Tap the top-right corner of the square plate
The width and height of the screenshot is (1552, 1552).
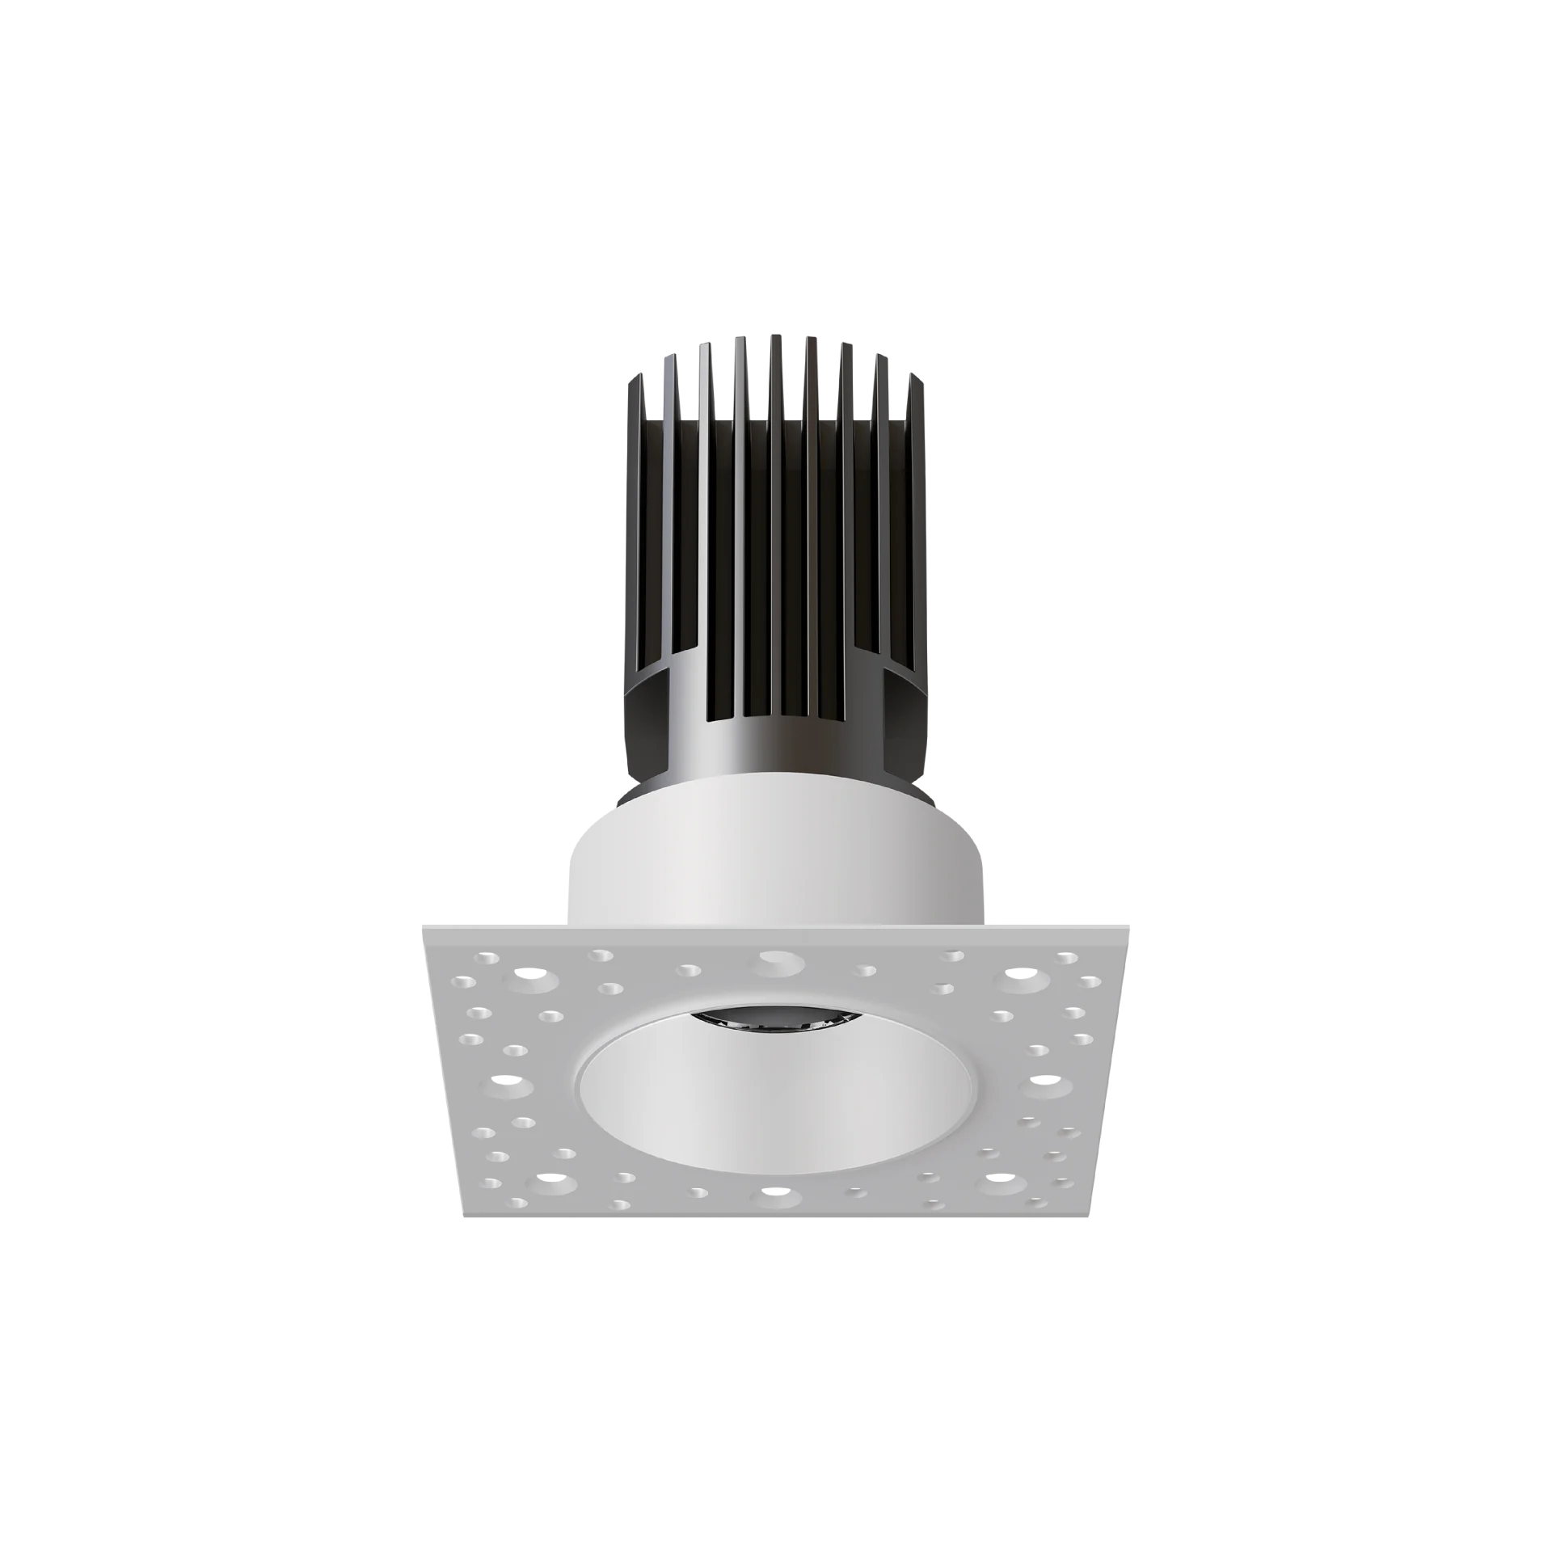[x=1129, y=921]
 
